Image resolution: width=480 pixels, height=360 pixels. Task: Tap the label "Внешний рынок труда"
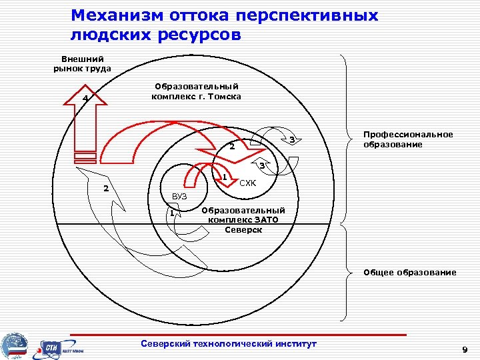click(82, 63)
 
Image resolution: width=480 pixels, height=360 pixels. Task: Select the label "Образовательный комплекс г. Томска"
click(197, 91)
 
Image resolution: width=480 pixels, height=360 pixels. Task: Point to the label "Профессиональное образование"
click(407, 139)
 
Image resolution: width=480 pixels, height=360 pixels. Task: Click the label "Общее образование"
click(409, 272)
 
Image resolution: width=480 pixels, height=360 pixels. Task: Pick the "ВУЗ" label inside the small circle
click(179, 197)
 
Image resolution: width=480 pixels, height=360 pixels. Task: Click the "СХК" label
click(248, 183)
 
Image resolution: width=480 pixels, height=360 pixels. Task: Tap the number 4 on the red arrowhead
click(85, 99)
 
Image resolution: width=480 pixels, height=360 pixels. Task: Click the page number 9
click(465, 349)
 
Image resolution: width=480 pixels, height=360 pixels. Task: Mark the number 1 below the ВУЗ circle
click(171, 213)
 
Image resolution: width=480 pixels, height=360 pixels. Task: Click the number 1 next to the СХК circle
click(225, 177)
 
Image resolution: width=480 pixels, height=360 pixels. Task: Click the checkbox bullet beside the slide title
click(60, 16)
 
